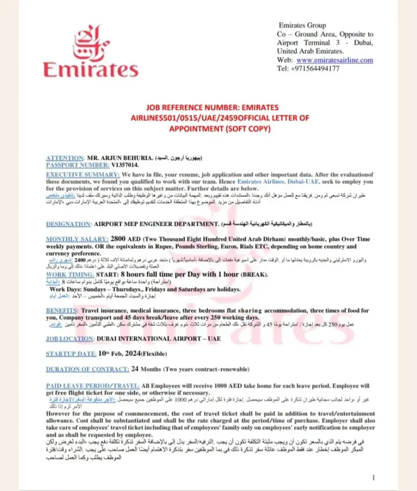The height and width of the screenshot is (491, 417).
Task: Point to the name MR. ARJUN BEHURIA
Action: click(120, 158)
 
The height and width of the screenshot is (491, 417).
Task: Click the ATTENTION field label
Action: click(65, 158)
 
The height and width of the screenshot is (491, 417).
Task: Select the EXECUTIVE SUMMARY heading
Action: click(83, 174)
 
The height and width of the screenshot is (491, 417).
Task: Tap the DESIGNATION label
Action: click(68, 224)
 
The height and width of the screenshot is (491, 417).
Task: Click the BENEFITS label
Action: click(62, 311)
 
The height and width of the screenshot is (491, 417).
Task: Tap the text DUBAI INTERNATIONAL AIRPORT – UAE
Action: click(159, 339)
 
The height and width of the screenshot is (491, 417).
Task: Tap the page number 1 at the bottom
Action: click(374, 477)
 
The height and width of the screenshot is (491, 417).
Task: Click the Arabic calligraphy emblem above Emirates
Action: click(91, 42)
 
